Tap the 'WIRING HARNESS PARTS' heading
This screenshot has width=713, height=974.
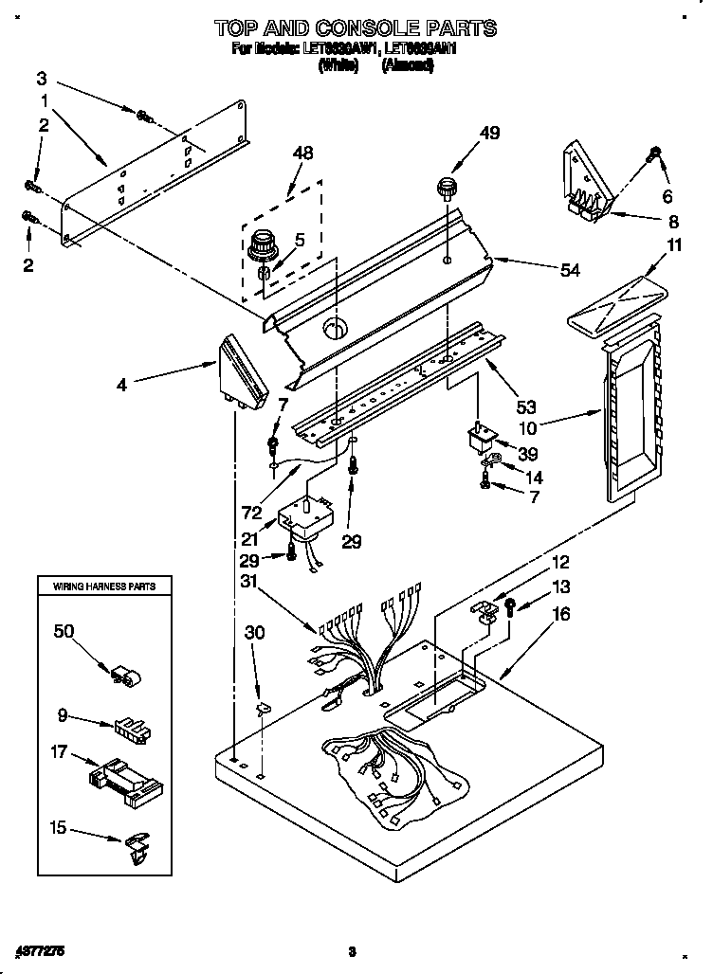pos(98,587)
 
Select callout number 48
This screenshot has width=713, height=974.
pos(302,152)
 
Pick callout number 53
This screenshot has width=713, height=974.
pos(526,407)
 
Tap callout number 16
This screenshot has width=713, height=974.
pos(561,615)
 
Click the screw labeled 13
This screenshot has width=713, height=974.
pos(511,605)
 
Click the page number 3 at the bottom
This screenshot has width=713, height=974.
pos(351,950)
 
